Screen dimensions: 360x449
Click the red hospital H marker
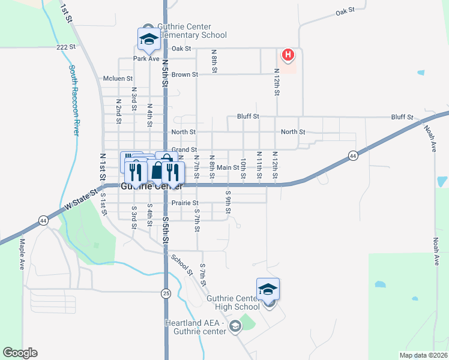[288, 56]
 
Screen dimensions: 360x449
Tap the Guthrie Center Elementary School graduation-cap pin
[148, 39]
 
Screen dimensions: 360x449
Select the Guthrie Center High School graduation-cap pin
[268, 289]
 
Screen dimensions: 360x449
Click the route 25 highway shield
[165, 293]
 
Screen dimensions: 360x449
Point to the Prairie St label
[185, 203]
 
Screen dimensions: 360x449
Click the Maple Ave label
[22, 254]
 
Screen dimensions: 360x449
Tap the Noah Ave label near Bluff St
[429, 139]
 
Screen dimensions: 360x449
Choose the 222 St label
[65, 46]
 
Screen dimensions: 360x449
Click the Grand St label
[184, 149]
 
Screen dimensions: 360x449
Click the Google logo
[20, 353]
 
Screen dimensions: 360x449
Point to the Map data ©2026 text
[423, 355]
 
